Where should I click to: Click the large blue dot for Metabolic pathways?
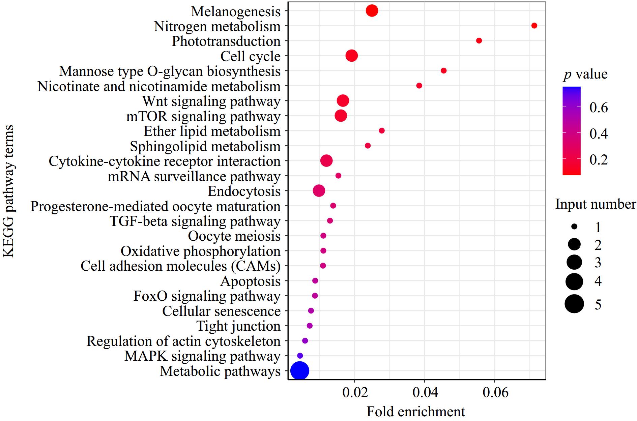coord(299,371)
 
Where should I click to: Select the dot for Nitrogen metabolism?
coord(534,26)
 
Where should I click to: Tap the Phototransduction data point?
coord(479,40)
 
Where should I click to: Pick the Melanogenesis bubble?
coord(372,11)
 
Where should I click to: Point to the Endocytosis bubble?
coord(319,191)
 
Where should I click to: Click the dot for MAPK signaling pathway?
coord(300,356)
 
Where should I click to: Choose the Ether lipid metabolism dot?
coord(382,131)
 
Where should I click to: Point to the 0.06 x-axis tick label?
coord(494,393)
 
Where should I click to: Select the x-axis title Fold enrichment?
coord(416,412)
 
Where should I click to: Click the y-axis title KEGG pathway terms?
coord(9,191)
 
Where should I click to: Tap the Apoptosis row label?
coord(250,281)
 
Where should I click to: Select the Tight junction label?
coord(238,326)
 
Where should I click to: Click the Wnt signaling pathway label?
coord(211,101)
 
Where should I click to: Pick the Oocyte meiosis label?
coord(234,236)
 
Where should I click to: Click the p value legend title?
coord(585,74)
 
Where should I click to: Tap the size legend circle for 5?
coord(574,304)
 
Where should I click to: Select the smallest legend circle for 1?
coord(574,228)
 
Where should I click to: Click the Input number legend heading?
coord(596,204)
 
